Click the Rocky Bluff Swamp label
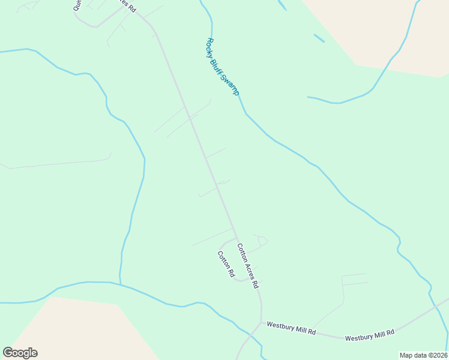tap(223, 67)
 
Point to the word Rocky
tap(211, 46)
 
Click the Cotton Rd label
tap(226, 263)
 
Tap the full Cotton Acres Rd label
tap(247, 264)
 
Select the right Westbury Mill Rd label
tap(369, 335)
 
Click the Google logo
tap(20, 353)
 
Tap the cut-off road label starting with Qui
tap(77, 5)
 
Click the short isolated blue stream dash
tap(319, 38)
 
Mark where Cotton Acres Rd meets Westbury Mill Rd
tap(261, 322)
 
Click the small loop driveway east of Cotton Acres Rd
tap(262, 241)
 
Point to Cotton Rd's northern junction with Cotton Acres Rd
tap(235, 238)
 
